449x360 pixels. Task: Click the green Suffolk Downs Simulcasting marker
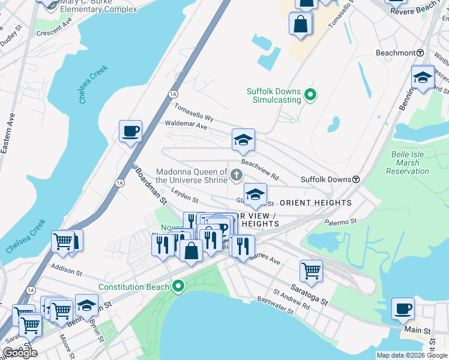pyautogui.click(x=310, y=94)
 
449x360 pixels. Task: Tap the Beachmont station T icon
pyautogui.click(x=420, y=53)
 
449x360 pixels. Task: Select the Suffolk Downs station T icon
pyautogui.click(x=356, y=179)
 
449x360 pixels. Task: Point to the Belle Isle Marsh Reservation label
pyautogui.click(x=410, y=163)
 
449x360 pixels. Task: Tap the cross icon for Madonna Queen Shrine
pyautogui.click(x=237, y=175)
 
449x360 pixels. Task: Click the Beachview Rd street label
pyautogui.click(x=260, y=169)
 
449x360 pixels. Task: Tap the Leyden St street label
pyautogui.click(x=184, y=195)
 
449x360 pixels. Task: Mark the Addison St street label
pyautogui.click(x=66, y=269)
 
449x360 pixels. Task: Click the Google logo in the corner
pyautogui.click(x=20, y=353)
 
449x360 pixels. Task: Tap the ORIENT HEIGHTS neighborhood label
pyautogui.click(x=316, y=203)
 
